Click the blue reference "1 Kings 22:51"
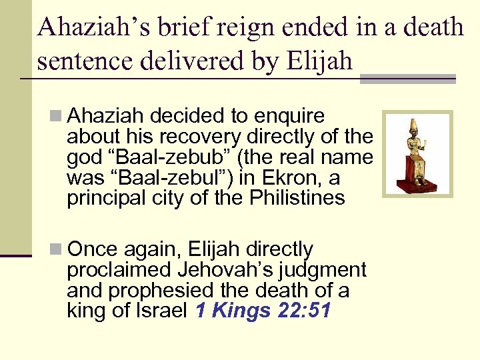tap(263, 311)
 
